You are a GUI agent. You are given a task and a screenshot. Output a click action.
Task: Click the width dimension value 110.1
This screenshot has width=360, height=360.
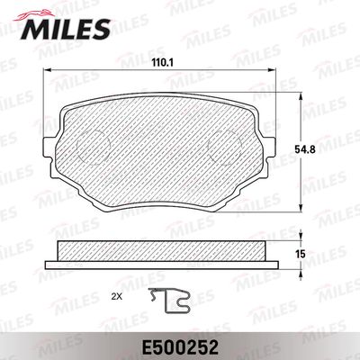pyautogui.click(x=160, y=64)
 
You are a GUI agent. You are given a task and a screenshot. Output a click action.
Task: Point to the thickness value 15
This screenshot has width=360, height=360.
pyautogui.click(x=302, y=256)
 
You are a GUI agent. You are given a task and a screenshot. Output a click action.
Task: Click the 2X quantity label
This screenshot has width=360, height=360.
pyautogui.click(x=116, y=294)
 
